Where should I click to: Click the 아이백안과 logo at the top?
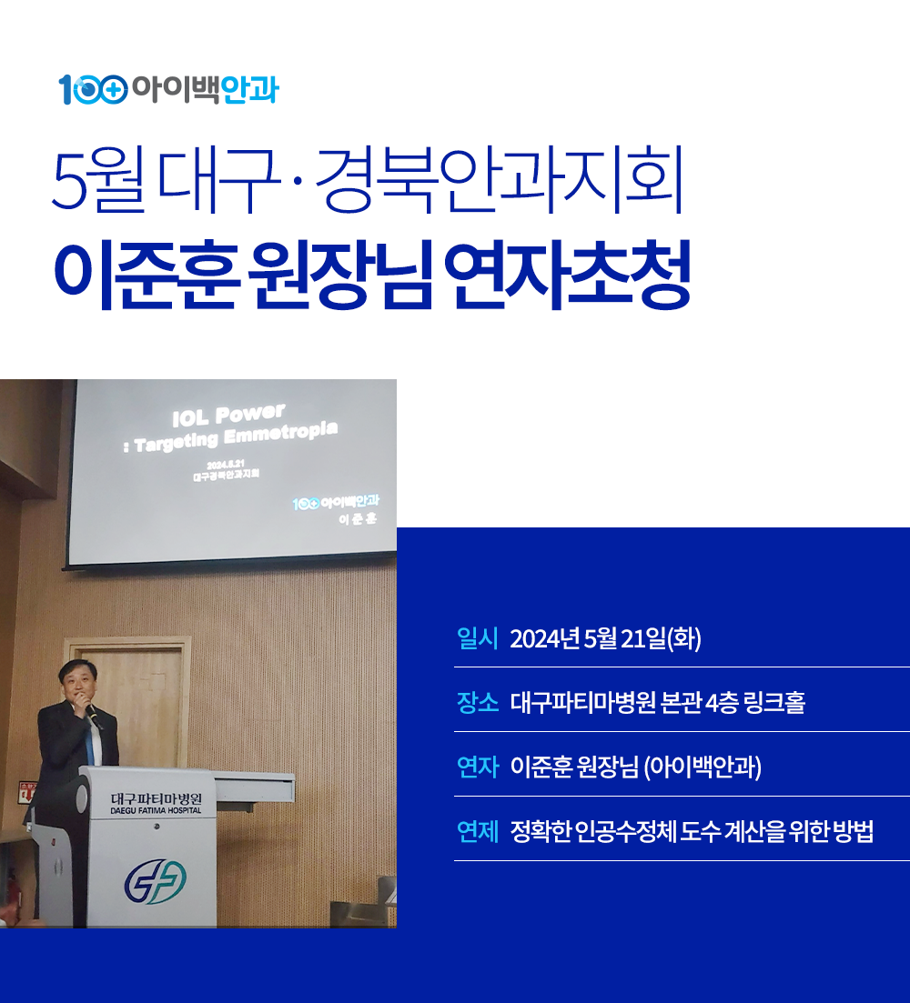click(x=169, y=89)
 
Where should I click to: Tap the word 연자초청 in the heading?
click(x=567, y=275)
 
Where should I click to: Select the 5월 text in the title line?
click(x=98, y=180)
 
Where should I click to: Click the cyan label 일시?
click(x=478, y=638)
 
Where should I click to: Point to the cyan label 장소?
click(x=478, y=702)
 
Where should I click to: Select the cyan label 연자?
click(x=478, y=767)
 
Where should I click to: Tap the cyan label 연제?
click(x=478, y=831)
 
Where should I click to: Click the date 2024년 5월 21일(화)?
click(x=605, y=638)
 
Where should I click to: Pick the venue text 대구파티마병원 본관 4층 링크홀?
click(x=658, y=702)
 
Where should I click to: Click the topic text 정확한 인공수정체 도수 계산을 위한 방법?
click(x=692, y=831)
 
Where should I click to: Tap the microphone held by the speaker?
click(x=92, y=716)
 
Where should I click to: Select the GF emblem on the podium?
click(x=155, y=881)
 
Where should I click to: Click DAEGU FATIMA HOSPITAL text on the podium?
click(x=156, y=810)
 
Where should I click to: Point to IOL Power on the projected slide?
click(x=228, y=415)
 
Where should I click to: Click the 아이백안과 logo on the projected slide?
click(x=335, y=502)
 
